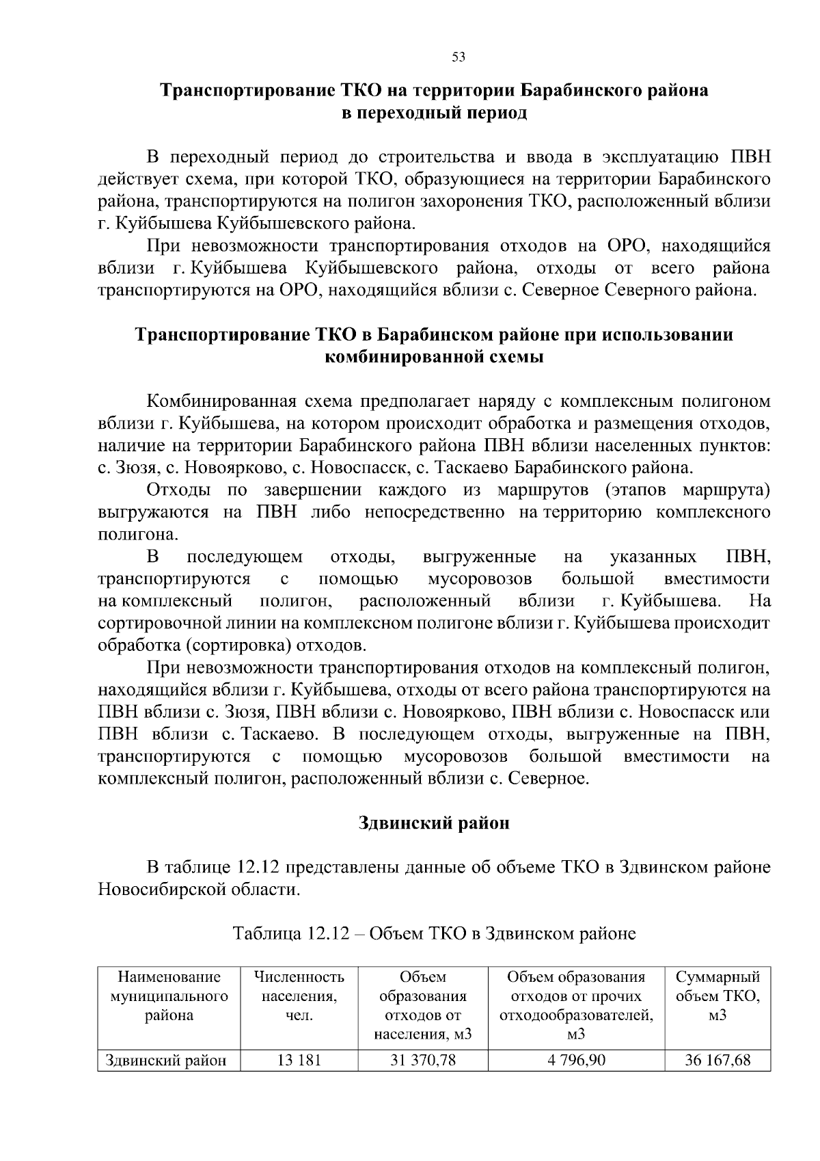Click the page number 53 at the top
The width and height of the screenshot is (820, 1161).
[x=459, y=57]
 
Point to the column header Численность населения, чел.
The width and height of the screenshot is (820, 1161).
[x=299, y=996]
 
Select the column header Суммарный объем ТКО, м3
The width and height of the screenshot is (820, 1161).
[x=717, y=996]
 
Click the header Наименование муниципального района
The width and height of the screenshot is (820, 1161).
[x=169, y=996]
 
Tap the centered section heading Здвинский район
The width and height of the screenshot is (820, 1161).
[x=434, y=823]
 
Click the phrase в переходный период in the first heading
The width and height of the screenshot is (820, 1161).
[x=434, y=113]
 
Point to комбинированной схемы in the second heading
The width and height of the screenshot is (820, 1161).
[x=434, y=357]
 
